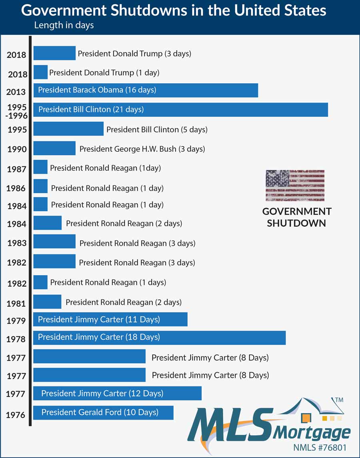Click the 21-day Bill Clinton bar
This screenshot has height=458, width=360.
coord(180,110)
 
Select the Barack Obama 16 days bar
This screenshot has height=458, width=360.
coord(146,90)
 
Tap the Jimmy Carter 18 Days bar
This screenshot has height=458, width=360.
coord(159,338)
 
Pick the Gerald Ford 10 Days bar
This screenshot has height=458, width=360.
coord(103,412)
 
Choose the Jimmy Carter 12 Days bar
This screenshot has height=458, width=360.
coord(117,394)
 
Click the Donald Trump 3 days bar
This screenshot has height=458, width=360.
coord(54,53)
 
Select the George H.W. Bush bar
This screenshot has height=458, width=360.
coord(54,148)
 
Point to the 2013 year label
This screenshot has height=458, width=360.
coord(16,92)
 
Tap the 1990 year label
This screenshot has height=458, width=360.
coord(17,150)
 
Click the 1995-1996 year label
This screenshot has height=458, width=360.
coord(16,111)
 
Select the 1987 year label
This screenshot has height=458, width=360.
coord(17,169)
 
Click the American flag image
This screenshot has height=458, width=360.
coord(295,185)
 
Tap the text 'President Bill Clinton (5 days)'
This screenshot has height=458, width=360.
coord(157,130)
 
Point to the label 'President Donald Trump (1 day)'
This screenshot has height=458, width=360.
coord(104,73)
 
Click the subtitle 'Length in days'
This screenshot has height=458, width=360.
coord(64,25)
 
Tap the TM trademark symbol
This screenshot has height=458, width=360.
coord(338,400)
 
